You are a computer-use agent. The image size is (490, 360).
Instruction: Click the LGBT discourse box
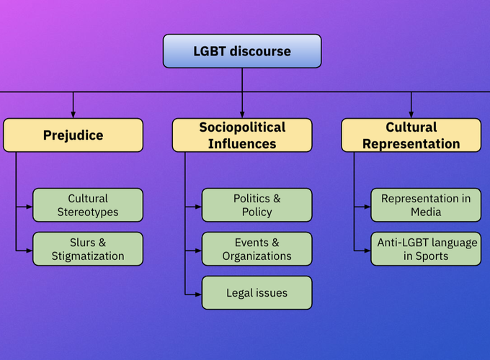pos(242,51)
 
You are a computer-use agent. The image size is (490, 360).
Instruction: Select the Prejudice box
pos(73,135)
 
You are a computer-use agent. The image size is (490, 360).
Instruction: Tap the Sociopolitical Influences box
pos(242,135)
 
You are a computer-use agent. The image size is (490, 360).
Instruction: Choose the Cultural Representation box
pos(411,135)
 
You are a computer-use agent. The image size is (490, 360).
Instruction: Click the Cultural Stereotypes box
pos(88,205)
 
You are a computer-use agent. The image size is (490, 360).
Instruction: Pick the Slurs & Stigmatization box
pos(88,249)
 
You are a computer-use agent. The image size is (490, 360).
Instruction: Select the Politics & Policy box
pos(257,205)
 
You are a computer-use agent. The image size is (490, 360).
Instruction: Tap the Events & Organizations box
pos(257,249)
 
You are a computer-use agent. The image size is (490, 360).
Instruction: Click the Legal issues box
pos(257,293)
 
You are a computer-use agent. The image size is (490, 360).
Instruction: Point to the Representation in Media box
pos(426,205)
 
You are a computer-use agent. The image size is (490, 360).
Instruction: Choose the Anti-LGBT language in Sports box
pos(426,249)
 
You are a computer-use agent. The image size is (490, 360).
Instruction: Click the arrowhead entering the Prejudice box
pos(73,114)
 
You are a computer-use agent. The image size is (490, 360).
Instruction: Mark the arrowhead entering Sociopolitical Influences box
pos(242,114)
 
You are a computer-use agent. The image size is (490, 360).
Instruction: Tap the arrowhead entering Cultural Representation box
pos(411,114)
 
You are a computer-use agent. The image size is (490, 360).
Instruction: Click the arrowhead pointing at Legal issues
pos(198,294)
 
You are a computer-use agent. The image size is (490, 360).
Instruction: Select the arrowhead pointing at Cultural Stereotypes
pos(29,207)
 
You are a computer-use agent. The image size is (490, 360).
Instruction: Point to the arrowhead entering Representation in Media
pos(367,207)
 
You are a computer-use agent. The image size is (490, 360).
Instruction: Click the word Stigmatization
pos(88,256)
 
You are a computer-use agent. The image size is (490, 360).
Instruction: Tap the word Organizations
pos(257,256)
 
